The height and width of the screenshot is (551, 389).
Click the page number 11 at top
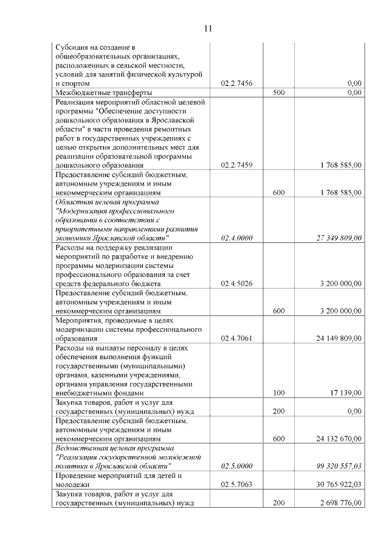pyautogui.click(x=208, y=28)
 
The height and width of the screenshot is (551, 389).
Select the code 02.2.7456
pyautogui.click(x=236, y=83)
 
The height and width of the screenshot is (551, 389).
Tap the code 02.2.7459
pyautogui.click(x=236, y=165)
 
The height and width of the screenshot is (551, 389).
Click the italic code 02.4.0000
pyautogui.click(x=236, y=238)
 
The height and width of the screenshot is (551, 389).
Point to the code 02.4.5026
pyautogui.click(x=236, y=284)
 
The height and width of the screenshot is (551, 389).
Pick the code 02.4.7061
pyautogui.click(x=236, y=338)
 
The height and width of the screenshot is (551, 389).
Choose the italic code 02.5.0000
pyautogui.click(x=236, y=466)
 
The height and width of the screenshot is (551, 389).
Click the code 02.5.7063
pyautogui.click(x=236, y=484)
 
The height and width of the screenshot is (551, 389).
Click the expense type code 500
pyautogui.click(x=279, y=93)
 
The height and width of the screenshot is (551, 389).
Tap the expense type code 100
pyautogui.click(x=279, y=393)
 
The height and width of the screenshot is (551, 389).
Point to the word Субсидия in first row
pyautogui.click(x=72, y=47)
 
